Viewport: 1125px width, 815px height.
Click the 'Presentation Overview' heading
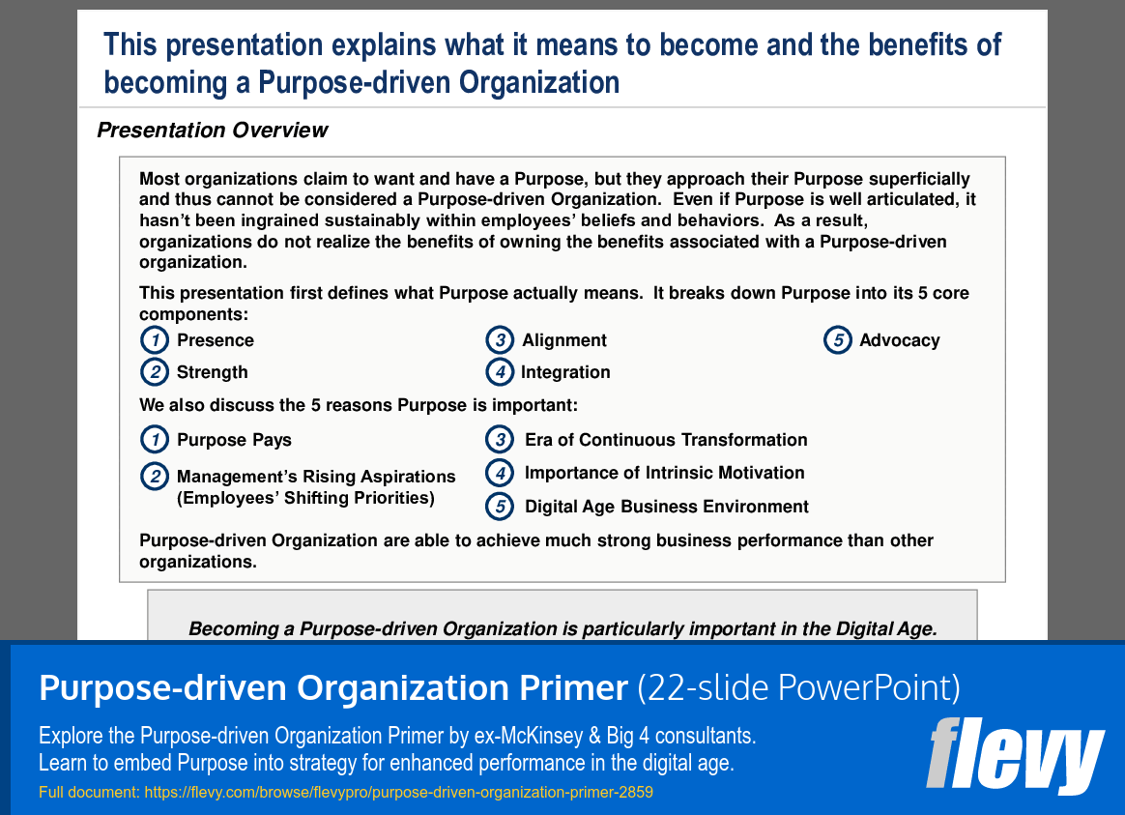point(213,131)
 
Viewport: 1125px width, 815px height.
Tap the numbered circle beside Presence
point(154,340)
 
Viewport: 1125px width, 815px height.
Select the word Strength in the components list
point(212,372)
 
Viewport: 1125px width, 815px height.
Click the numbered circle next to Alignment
point(499,340)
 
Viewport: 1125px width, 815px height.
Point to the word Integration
point(565,372)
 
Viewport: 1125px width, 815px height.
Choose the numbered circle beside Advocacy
point(837,340)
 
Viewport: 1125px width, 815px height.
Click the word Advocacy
point(899,340)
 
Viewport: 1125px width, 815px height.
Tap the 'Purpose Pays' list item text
point(234,440)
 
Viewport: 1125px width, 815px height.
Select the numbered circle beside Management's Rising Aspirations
point(154,477)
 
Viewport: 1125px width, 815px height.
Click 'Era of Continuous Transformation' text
point(666,440)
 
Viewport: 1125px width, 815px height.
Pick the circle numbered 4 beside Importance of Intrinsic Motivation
point(499,473)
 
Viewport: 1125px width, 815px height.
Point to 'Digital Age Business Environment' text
point(666,507)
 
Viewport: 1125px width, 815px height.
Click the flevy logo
point(1015,755)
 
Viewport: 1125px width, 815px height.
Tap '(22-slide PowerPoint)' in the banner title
point(799,688)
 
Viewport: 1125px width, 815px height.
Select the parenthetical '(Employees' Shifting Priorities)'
point(305,498)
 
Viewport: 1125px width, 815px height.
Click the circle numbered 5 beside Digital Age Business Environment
point(499,506)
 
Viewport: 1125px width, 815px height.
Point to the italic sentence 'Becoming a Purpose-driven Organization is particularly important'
point(562,629)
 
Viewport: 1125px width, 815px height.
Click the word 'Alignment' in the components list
point(564,340)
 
